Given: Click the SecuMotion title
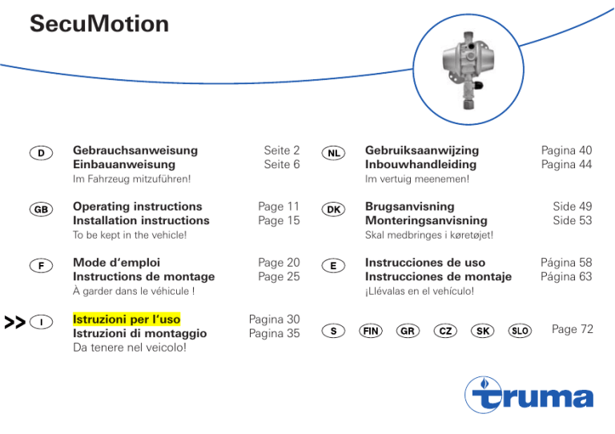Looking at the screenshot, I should tap(99, 25).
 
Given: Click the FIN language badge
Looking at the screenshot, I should tap(370, 330).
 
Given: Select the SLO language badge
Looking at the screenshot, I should tap(520, 330).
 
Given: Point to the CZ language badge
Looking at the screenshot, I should tap(444, 330).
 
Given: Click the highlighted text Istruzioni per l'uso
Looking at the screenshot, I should tap(127, 319).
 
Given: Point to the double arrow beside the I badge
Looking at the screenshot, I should tap(14, 323).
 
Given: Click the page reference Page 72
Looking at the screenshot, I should tap(572, 330).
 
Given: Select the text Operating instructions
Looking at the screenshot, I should tap(137, 207).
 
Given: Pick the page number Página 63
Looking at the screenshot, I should tap(566, 276).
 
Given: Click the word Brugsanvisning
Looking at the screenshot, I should tap(409, 207).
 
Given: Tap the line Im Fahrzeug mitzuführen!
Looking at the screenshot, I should tap(131, 179).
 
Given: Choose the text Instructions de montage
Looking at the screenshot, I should tap(143, 276).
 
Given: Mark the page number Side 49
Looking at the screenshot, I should tap(573, 207).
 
